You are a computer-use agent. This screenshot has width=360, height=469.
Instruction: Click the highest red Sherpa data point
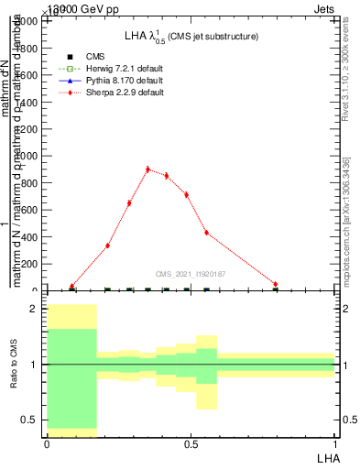click(147, 169)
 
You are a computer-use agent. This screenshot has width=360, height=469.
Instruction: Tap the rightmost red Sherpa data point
click(275, 284)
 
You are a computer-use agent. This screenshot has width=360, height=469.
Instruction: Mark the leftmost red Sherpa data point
click(71, 287)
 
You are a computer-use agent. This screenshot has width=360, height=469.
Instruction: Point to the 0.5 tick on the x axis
click(191, 444)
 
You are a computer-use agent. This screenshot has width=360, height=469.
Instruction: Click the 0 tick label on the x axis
click(47, 444)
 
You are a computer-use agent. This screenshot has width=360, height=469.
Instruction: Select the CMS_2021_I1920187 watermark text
click(191, 273)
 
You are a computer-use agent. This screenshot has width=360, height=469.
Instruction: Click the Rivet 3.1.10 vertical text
click(346, 70)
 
